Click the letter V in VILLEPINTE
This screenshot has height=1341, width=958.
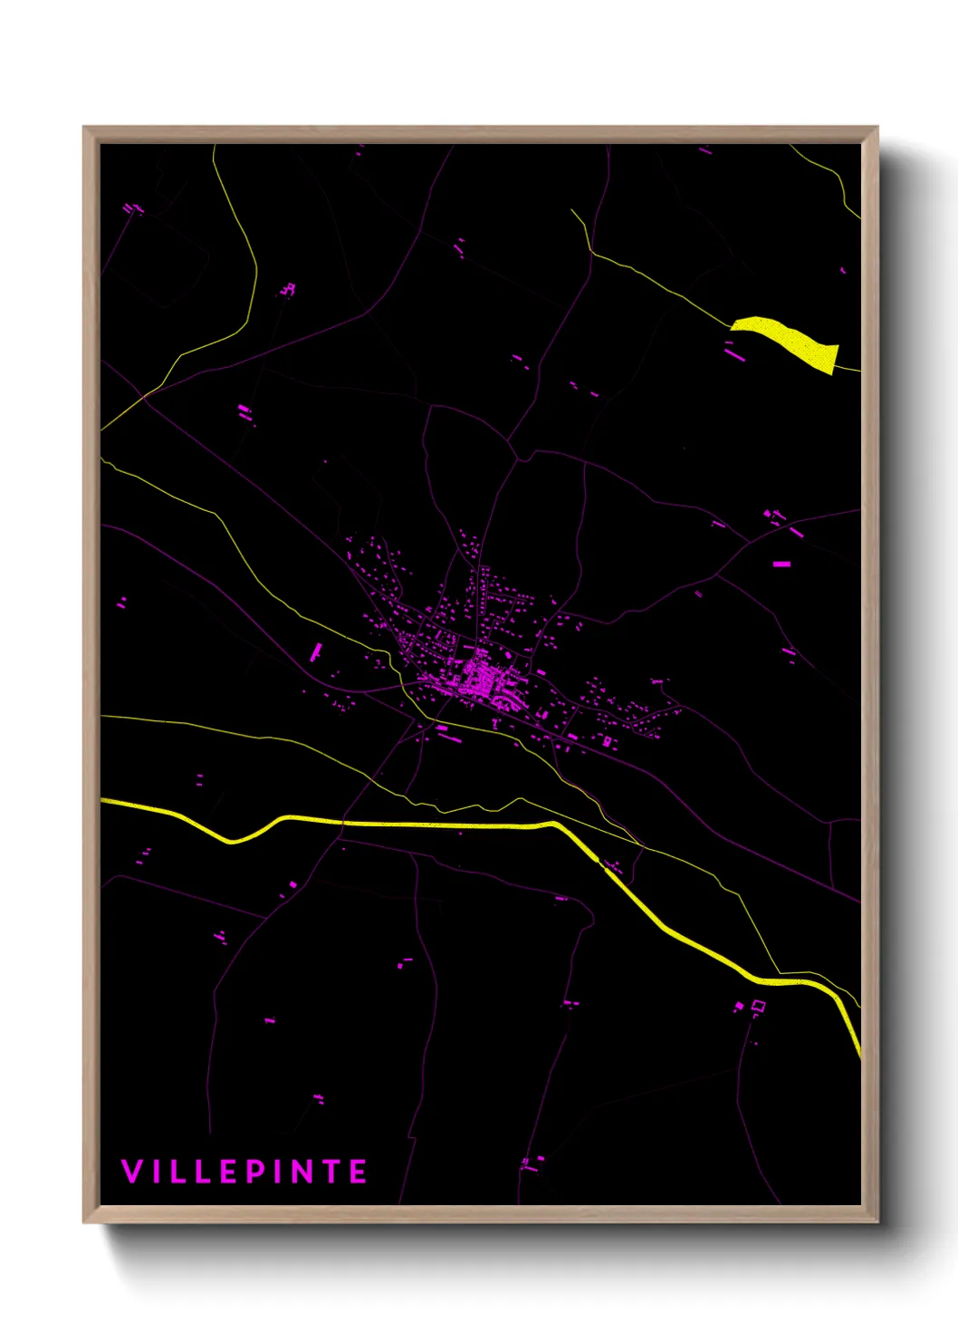coord(131,1172)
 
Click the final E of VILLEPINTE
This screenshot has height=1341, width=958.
coord(359,1172)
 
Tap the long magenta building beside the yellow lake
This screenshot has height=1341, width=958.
coord(734,351)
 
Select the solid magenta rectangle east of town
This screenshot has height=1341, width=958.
coord(781,564)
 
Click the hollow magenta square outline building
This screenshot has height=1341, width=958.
coord(759,1005)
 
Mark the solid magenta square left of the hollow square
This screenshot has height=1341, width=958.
coord(739,1006)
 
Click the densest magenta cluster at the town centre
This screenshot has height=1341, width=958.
coord(480,678)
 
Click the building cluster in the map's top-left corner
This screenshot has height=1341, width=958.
coord(134,209)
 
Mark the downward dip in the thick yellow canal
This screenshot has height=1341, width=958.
coord(233,841)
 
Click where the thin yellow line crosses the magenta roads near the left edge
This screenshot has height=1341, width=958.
coord(143,396)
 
